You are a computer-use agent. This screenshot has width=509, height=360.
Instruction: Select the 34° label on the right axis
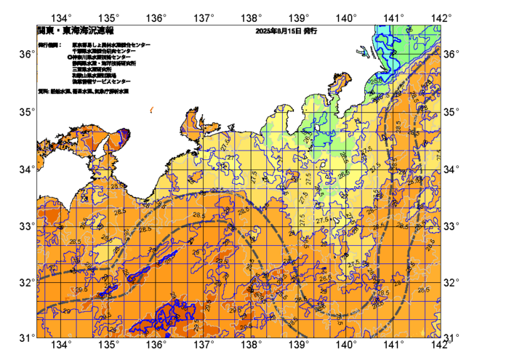pyautogui.click(x=454, y=169)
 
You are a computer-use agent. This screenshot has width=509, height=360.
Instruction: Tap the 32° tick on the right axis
pyautogui.click(x=454, y=282)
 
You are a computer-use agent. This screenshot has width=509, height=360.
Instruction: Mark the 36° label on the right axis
pyautogui.click(x=454, y=55)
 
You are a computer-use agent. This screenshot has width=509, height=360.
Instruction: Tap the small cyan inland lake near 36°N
pyautogui.click(x=361, y=51)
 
